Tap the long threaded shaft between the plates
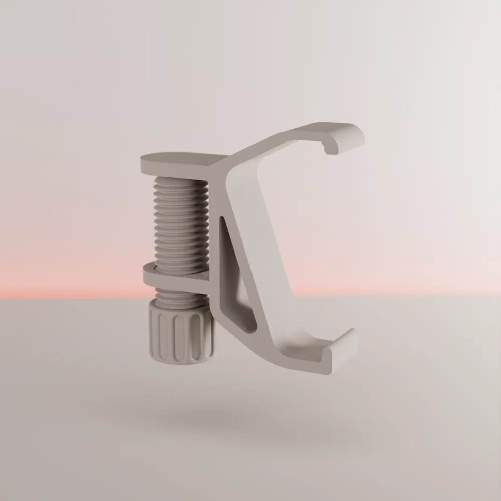(181, 220)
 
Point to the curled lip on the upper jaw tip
(331, 147)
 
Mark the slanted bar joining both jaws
(256, 240)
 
